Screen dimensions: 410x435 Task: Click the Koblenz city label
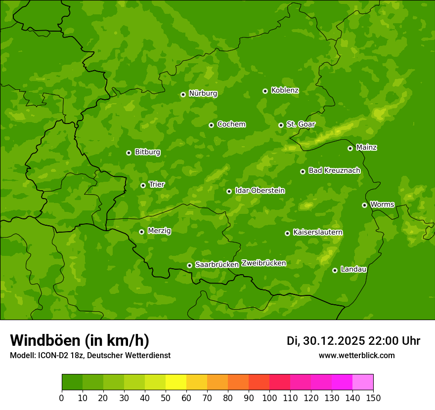point(285,90)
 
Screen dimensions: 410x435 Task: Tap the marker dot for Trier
point(143,185)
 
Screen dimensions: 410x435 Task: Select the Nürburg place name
point(203,93)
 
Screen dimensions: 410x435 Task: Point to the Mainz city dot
point(350,148)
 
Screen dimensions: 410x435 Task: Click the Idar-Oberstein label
point(260,191)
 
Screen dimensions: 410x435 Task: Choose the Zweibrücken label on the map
point(263,263)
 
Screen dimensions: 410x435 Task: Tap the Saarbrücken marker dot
point(189,265)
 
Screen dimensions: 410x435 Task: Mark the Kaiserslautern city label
point(318,232)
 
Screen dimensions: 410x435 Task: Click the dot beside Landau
point(335,270)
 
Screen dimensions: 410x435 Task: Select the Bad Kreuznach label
point(334,170)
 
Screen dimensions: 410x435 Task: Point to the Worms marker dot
point(364,205)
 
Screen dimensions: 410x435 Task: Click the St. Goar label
point(301,124)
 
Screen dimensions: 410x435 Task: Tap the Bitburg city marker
point(129,153)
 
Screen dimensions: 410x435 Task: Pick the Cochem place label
point(231,124)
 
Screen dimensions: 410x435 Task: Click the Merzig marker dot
point(141,232)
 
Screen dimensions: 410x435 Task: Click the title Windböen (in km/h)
point(80,340)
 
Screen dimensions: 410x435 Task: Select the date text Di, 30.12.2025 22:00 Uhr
point(353,341)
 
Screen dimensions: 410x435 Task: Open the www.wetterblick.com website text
point(356,355)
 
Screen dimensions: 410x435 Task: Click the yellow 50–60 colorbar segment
point(176,382)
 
